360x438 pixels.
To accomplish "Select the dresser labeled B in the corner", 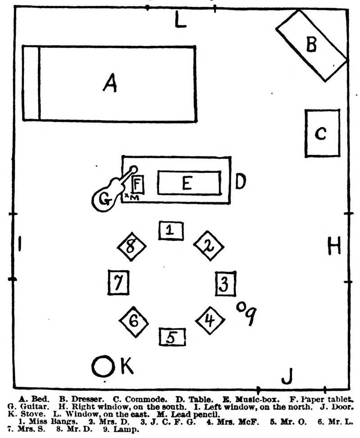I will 311,45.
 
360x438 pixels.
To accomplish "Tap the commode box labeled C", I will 321,133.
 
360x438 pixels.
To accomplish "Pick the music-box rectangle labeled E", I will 189,183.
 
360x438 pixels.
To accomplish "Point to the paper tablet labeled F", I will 137,184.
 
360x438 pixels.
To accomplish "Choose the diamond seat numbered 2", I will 209,245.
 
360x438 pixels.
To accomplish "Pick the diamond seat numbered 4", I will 209,321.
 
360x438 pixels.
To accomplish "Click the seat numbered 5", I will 172,337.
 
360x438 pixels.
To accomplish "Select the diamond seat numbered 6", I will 134,321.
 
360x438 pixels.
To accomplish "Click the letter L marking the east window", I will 180,20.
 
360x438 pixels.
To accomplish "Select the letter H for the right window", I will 333,246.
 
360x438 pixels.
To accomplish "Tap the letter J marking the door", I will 287,376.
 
